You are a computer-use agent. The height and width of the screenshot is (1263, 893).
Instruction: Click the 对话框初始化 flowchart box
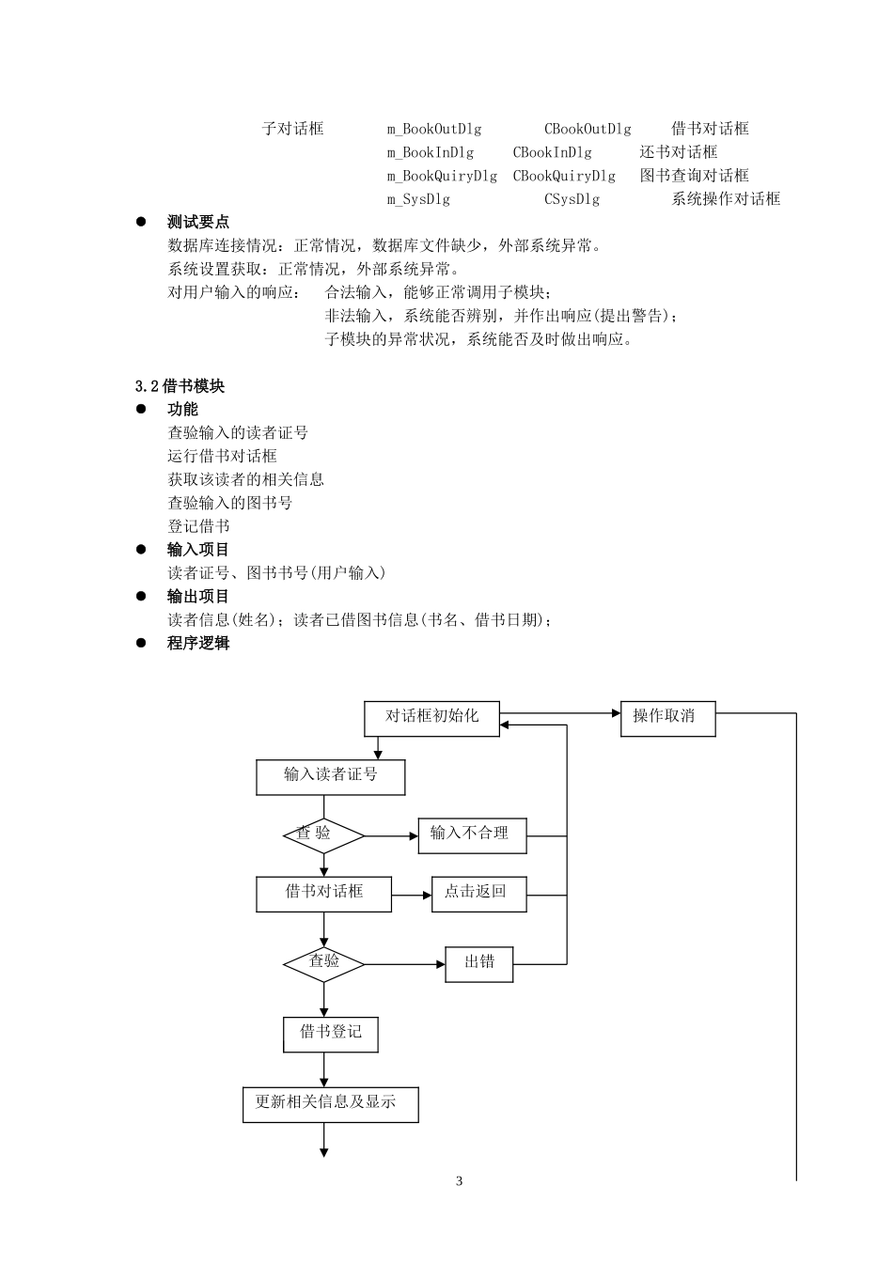[x=431, y=718]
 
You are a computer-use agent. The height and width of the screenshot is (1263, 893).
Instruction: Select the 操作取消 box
[x=667, y=718]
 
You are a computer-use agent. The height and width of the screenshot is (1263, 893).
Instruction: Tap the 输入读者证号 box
[x=330, y=776]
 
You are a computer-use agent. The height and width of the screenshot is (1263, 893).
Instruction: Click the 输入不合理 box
[x=472, y=834]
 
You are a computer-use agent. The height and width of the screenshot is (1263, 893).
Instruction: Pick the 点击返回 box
[x=478, y=893]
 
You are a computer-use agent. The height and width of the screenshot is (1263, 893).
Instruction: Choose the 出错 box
[x=478, y=963]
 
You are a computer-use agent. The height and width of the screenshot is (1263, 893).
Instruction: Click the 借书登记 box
[x=330, y=1033]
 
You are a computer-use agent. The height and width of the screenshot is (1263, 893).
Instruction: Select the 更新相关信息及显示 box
[x=330, y=1103]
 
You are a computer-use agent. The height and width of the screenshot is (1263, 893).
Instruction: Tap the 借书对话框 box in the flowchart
[x=323, y=893]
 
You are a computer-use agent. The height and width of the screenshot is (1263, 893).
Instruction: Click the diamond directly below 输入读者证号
[x=323, y=834]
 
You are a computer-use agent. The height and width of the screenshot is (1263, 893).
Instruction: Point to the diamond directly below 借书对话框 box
[x=323, y=963]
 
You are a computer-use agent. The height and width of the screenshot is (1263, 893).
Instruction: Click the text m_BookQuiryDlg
[x=442, y=176]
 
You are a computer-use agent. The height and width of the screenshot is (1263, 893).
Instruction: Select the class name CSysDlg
[x=572, y=199]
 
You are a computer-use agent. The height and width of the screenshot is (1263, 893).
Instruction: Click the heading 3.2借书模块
[x=180, y=386]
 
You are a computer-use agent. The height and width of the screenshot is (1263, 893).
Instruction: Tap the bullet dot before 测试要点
[x=142, y=222]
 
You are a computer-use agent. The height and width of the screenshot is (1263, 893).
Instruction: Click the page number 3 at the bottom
[x=459, y=1181]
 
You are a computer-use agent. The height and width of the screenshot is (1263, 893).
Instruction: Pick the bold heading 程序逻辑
[x=198, y=644]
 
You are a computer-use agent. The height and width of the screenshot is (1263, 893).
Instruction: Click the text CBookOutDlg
[x=587, y=129]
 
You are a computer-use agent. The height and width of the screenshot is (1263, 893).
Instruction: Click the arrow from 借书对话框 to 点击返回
[x=411, y=895]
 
